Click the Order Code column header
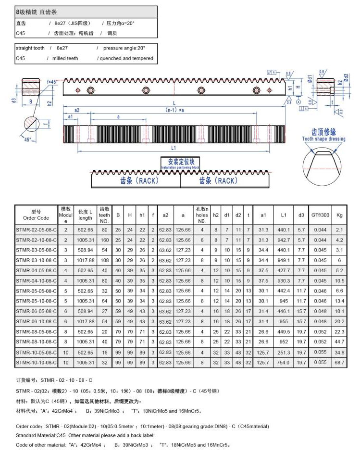point(36,215)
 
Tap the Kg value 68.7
point(339,362)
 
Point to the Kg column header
point(339,215)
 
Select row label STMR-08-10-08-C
point(36,342)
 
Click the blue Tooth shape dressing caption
point(323,139)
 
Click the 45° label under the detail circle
point(27,139)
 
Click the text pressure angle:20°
point(124,48)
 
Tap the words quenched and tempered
point(126,58)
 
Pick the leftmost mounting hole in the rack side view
point(90,90)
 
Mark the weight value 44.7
point(339,342)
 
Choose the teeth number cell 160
point(104,240)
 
